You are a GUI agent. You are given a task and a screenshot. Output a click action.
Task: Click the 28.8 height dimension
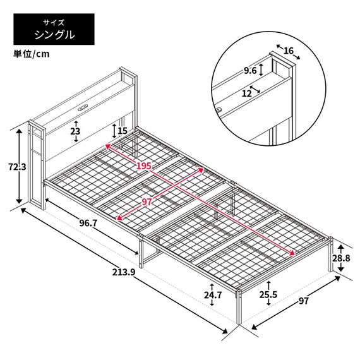(x=341, y=258)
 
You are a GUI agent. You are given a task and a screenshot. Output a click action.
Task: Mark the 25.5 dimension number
(x=268, y=295)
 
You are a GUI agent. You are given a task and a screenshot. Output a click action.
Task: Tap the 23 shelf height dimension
(x=75, y=131)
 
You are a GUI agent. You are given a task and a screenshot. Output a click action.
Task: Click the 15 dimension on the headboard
(x=123, y=131)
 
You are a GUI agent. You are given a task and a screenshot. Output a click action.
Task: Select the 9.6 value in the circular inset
(x=250, y=71)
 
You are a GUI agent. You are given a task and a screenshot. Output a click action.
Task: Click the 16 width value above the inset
(x=288, y=51)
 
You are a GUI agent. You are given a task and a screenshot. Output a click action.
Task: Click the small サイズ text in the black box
(x=54, y=21)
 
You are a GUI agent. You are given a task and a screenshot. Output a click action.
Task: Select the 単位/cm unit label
(x=32, y=54)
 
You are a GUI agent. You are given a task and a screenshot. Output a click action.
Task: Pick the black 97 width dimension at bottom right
(x=304, y=301)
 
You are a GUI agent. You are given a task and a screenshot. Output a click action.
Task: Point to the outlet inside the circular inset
(x=218, y=109)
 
